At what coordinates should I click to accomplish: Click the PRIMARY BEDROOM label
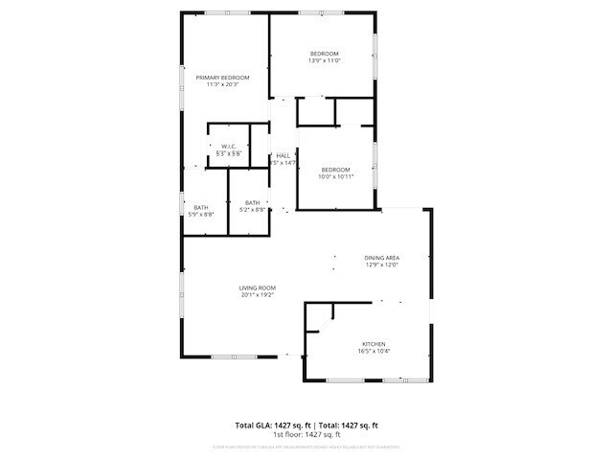pos(222,78)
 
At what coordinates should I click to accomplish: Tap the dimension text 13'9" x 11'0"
pos(325,60)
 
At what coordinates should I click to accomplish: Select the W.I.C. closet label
pos(229,147)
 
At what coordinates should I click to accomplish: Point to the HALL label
pos(284,155)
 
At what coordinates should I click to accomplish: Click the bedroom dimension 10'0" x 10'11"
pos(336,176)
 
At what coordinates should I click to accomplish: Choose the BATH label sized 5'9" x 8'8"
pos(201,208)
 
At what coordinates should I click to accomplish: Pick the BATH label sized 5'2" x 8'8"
pos(253,202)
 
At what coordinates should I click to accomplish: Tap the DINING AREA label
pos(381,258)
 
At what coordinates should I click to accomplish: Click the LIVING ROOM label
pos(258,287)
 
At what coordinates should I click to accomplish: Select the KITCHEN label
pos(374,344)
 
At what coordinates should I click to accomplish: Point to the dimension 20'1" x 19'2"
pos(258,295)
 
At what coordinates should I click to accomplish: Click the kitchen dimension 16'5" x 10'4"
pos(374,352)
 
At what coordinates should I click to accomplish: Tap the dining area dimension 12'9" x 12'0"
pos(381,265)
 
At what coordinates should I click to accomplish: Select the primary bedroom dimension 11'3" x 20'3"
pos(222,85)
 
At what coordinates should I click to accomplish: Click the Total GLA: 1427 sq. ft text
pos(270,425)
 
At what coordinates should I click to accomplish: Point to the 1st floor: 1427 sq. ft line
pos(306,435)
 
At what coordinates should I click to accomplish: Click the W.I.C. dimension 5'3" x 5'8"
pos(229,154)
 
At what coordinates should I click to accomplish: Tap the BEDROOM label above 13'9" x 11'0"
pos(325,53)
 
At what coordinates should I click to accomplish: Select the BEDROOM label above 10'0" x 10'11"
pos(336,169)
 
